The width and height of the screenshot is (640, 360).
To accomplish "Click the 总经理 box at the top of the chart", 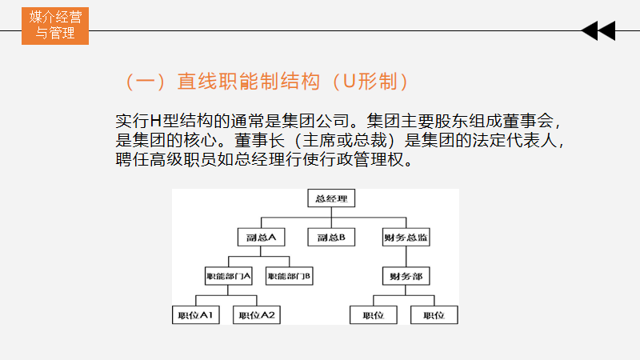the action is click(330, 198).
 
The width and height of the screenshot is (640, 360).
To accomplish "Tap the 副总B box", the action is click(330, 237).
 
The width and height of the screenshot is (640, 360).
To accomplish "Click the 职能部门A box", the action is click(229, 276).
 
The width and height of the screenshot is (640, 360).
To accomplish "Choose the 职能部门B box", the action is click(289, 276).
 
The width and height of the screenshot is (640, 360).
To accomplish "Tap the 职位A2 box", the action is click(256, 315).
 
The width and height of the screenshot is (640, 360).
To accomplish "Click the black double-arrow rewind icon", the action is click(598, 31).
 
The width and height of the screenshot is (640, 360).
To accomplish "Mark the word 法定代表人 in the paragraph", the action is click(520, 140).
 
